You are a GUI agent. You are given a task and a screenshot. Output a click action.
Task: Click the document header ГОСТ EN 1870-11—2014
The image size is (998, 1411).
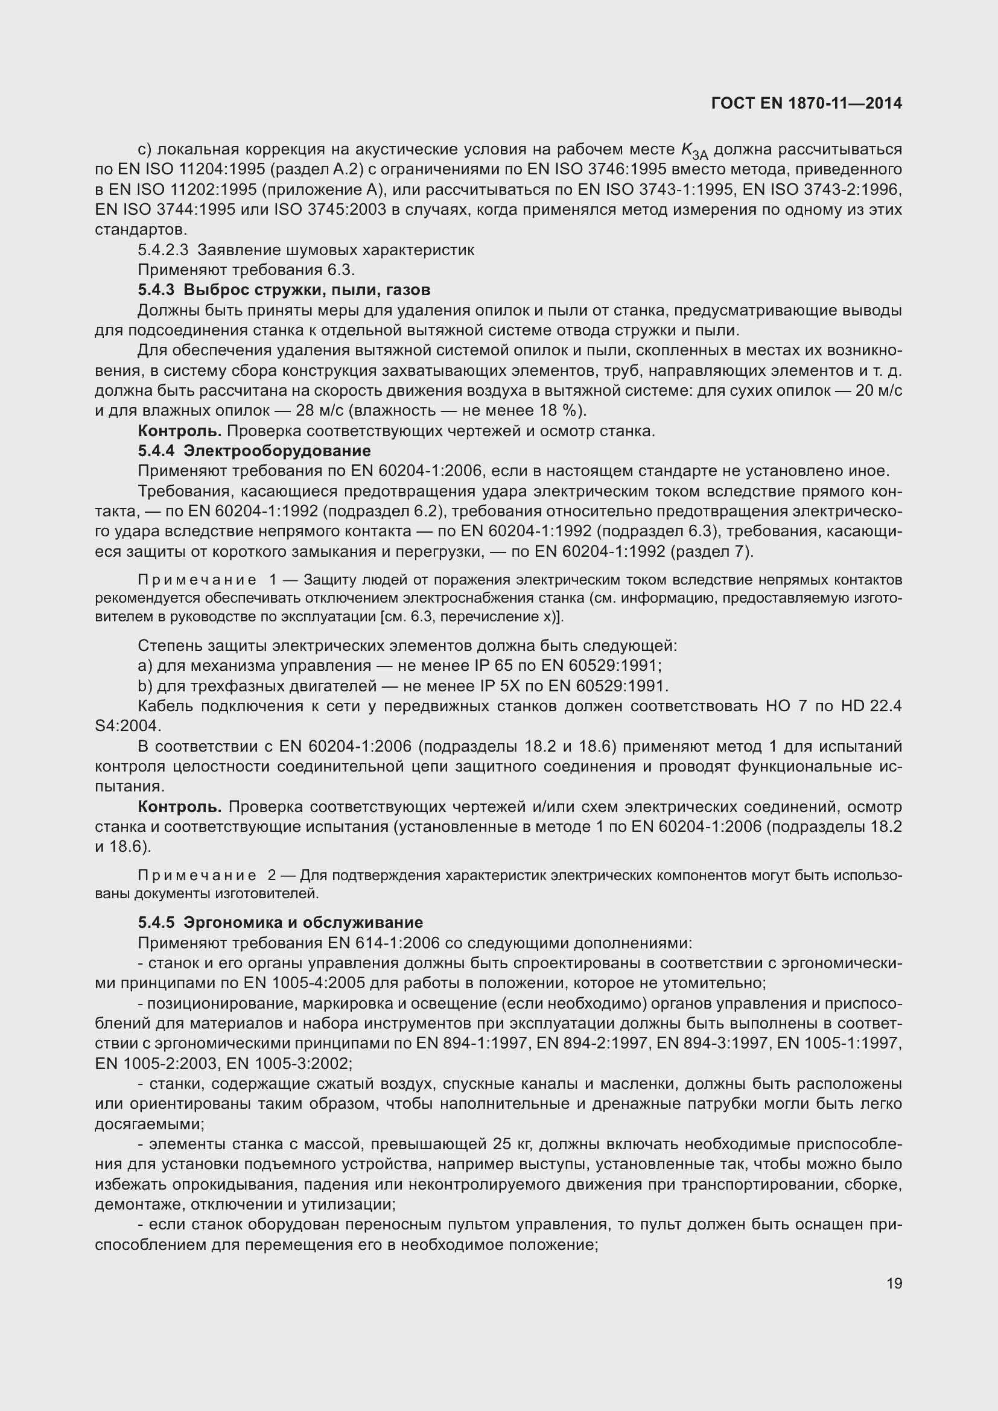(806, 103)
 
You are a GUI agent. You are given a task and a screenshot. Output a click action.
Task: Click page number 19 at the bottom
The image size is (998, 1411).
(894, 1284)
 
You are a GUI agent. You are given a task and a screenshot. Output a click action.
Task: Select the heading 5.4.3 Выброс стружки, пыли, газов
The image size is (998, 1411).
(284, 290)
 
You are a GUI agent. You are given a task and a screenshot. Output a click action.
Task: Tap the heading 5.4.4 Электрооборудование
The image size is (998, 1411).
(255, 451)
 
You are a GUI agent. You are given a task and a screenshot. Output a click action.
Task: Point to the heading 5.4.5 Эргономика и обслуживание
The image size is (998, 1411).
(280, 922)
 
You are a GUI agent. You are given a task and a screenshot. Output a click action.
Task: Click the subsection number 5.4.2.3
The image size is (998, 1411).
(163, 250)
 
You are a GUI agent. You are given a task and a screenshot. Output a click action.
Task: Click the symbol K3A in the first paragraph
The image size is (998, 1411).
(694, 151)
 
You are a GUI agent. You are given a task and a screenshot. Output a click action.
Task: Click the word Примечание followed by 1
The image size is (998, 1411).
(197, 580)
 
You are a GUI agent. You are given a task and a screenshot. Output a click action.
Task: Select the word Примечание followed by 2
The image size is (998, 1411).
(197, 875)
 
